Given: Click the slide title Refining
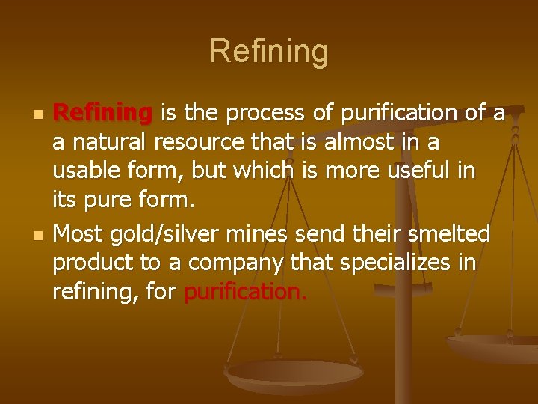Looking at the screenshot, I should pos(269,52).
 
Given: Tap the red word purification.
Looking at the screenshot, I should pos(245,293).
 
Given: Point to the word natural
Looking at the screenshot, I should pos(107,143).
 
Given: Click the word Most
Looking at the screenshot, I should pos(77,233).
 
